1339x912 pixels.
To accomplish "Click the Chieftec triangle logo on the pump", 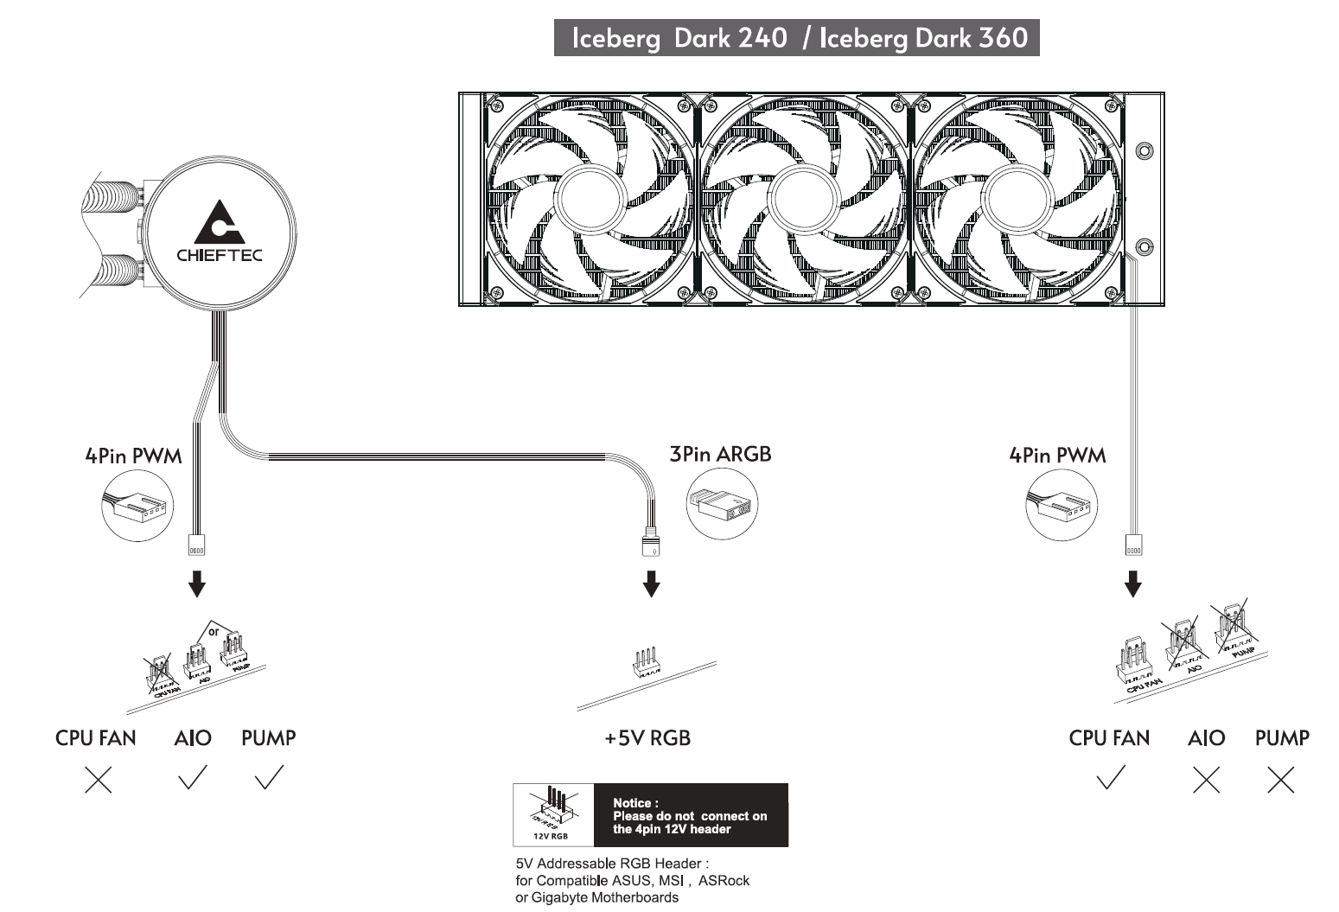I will [x=219, y=222].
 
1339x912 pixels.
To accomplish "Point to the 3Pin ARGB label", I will [x=720, y=454].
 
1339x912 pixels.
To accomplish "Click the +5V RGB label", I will [x=647, y=737].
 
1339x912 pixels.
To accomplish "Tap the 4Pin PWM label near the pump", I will [x=133, y=456].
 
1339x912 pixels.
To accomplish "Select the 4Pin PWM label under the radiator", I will [x=1057, y=455].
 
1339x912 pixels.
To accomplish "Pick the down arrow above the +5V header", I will [x=652, y=584].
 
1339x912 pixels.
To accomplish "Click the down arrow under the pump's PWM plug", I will [x=197, y=584].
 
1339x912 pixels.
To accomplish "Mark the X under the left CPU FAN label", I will [x=99, y=780].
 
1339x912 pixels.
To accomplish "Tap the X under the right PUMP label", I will [x=1280, y=780].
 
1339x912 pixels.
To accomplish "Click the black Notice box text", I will [x=690, y=816].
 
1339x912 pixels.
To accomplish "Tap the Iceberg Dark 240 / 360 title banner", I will [x=796, y=38].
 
